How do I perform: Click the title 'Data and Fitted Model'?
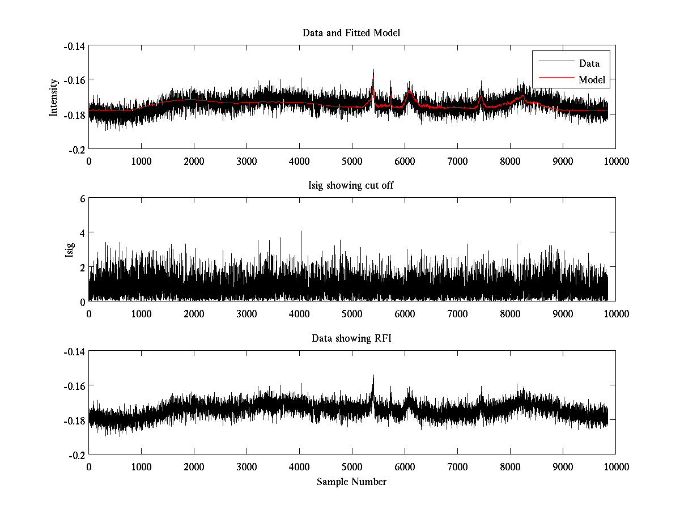(351, 33)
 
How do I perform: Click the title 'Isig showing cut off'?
(351, 186)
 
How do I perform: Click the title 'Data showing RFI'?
(351, 339)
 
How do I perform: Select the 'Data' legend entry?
(589, 63)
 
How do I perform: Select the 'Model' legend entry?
(592, 80)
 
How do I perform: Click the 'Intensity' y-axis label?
(54, 97)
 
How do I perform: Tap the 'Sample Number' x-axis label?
(351, 482)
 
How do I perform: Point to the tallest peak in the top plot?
(373, 70)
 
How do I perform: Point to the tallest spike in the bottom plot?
(373, 375)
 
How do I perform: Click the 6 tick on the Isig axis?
(82, 199)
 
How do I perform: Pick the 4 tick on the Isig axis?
(82, 233)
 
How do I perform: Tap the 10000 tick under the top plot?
(616, 161)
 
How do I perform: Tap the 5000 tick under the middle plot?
(352, 314)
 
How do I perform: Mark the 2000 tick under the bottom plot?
(194, 467)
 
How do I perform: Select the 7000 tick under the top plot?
(457, 161)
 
